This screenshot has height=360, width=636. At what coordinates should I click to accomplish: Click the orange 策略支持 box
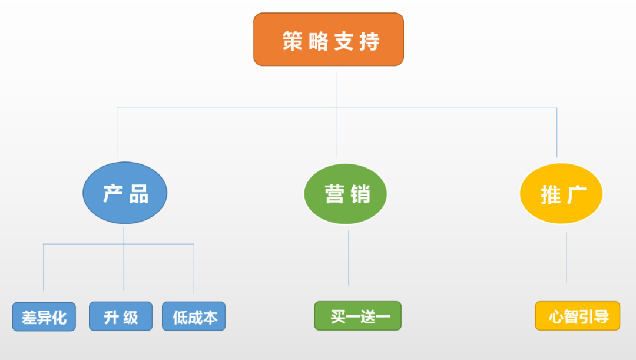pos(329,39)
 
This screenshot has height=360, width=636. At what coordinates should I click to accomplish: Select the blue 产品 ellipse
pos(125,193)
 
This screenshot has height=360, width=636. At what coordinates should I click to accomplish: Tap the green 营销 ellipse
pos(346,194)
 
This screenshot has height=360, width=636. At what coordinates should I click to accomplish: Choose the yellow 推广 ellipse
pos(561,194)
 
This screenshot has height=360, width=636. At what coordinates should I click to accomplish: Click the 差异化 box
pos(44,316)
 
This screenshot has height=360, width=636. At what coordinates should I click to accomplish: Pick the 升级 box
pos(121,316)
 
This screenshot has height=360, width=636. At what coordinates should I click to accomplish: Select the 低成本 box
pos(194,316)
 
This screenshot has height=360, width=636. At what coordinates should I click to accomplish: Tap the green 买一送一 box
pos(358,316)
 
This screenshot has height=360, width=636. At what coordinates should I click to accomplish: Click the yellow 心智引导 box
pos(578,316)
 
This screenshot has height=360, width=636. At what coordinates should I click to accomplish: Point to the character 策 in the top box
pos(293,41)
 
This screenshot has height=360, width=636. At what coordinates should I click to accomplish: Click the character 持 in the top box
pos(369,41)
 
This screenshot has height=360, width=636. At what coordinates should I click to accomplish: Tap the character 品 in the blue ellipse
pos(139,194)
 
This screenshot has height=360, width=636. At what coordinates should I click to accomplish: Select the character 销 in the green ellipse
pos(360,194)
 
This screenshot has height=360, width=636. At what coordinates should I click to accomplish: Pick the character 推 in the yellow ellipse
pos(551,195)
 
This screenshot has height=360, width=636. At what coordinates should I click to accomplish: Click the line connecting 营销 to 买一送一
pos(349,258)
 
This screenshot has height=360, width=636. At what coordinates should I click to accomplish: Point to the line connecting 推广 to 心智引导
pos(567,257)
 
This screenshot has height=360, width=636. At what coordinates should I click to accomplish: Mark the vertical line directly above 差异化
pos(44,267)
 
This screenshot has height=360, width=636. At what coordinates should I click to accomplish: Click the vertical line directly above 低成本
pos(194,269)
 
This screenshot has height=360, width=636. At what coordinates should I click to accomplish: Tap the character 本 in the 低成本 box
pos(210,318)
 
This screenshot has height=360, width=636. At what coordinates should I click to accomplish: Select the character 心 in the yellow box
pos(556,317)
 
